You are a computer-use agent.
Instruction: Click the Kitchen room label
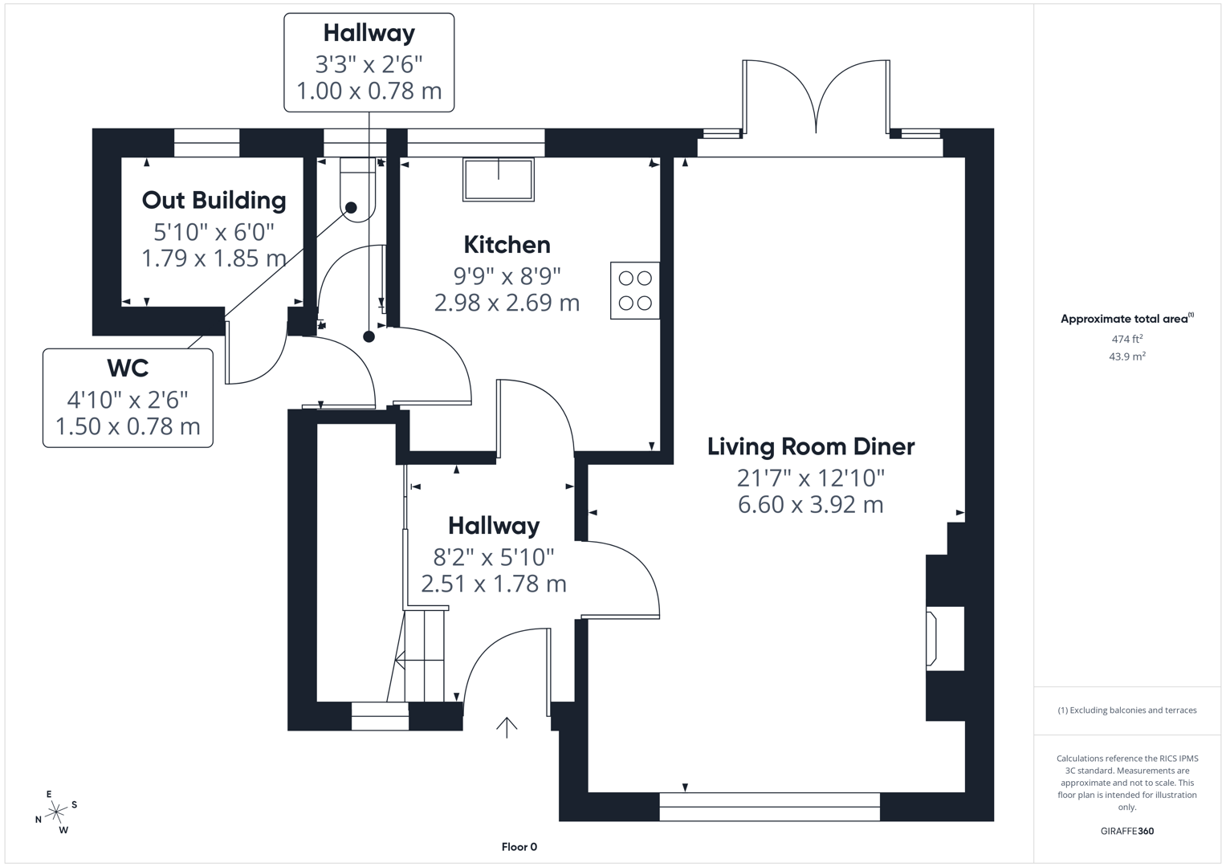pyautogui.click(x=507, y=245)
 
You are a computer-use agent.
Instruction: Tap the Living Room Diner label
pyautogui.click(x=810, y=446)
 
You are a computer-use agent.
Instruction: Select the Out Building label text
pyautogui.click(x=214, y=200)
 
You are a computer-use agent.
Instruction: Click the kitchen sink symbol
pyautogui.click(x=498, y=179)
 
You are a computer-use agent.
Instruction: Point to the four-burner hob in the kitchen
pyautogui.click(x=634, y=291)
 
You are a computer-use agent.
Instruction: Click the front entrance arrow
pyautogui.click(x=506, y=727)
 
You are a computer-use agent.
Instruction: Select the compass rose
pyautogui.click(x=55, y=812)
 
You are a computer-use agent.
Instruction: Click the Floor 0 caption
pyautogui.click(x=519, y=847)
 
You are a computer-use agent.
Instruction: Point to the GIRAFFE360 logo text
pyautogui.click(x=1126, y=831)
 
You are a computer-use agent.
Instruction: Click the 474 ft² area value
pyautogui.click(x=1126, y=339)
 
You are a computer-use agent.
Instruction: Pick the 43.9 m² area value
pyautogui.click(x=1126, y=356)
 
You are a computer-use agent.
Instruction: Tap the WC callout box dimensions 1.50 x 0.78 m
pyautogui.click(x=128, y=426)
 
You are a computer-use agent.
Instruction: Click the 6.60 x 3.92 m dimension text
pyautogui.click(x=810, y=505)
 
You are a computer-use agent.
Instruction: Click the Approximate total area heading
pyautogui.click(x=1126, y=319)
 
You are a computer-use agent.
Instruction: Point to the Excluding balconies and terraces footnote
pyautogui.click(x=1126, y=710)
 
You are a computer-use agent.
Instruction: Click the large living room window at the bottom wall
pyautogui.click(x=769, y=806)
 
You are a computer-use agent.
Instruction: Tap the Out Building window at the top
pyautogui.click(x=206, y=143)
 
